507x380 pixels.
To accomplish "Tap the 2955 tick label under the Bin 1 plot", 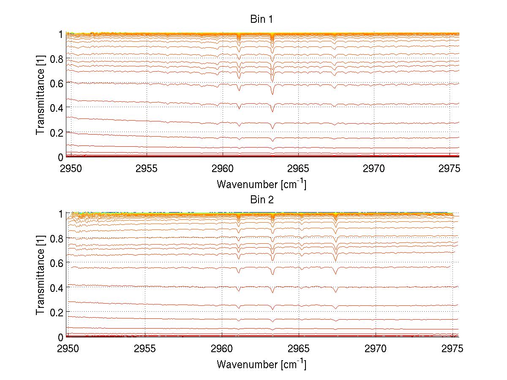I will click(x=147, y=170).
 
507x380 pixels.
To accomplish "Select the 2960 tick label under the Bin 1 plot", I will click(x=222, y=170).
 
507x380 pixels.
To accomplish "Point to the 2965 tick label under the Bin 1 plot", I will click(x=298, y=170).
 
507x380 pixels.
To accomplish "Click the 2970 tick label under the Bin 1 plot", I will click(x=374, y=170).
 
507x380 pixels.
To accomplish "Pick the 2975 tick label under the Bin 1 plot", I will click(x=450, y=170).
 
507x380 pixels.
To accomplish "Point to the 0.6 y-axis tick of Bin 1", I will click(x=57, y=84).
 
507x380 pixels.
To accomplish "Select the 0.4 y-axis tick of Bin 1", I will click(x=57, y=108).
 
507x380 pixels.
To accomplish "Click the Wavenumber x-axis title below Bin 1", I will click(x=262, y=184).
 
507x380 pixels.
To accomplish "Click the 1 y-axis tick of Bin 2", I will click(x=61, y=214).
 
